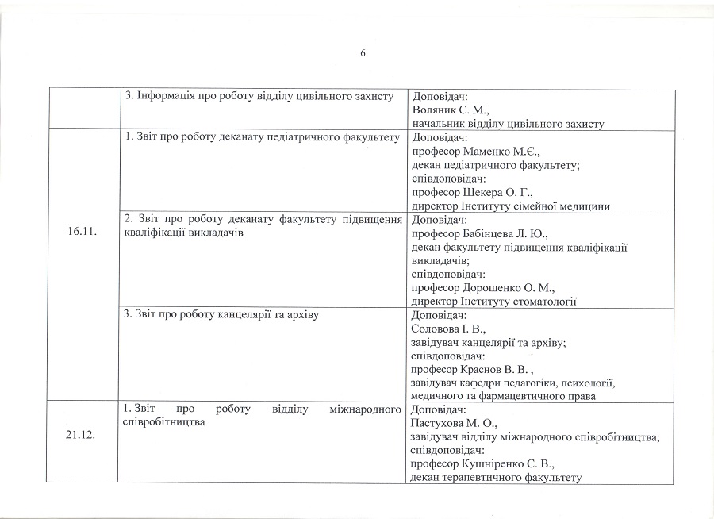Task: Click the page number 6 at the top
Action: (363, 53)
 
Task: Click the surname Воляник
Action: (436, 110)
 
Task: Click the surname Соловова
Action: (437, 329)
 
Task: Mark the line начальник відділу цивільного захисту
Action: (509, 124)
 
